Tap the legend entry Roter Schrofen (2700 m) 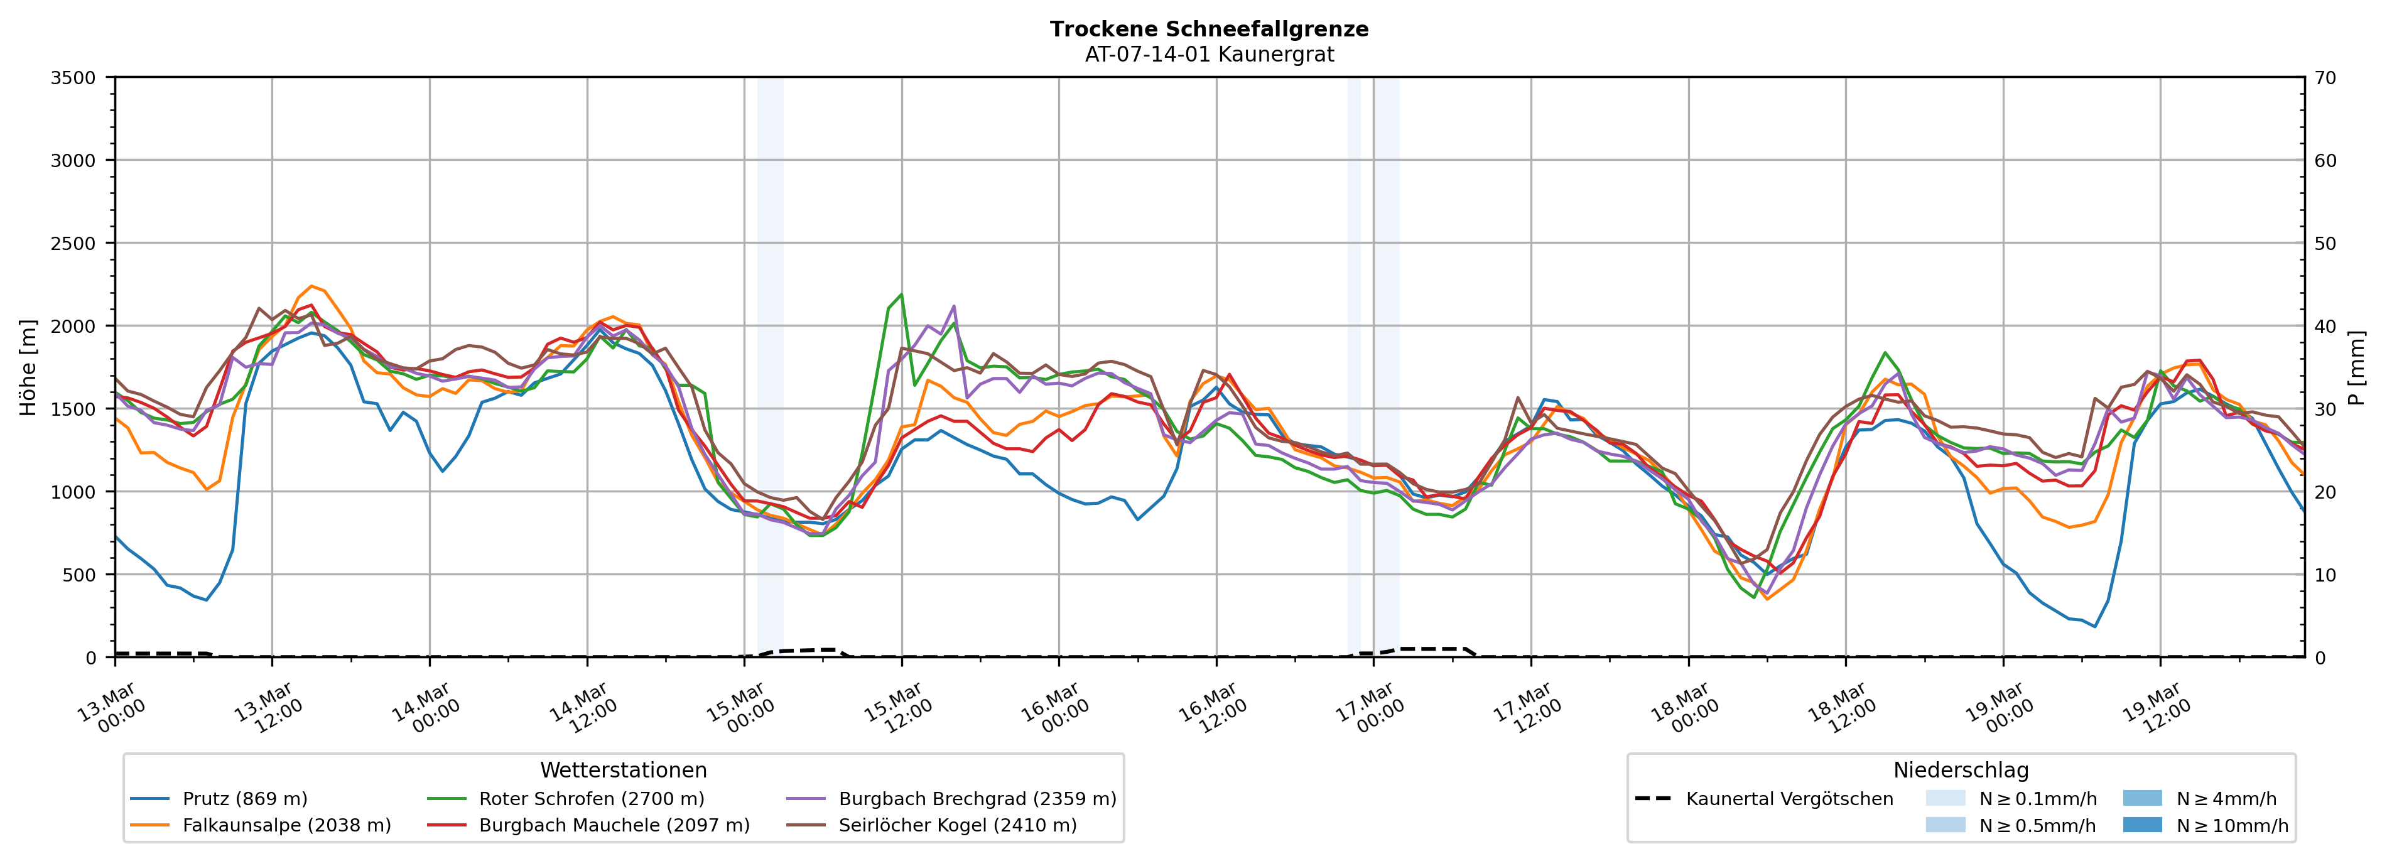pyautogui.click(x=591, y=799)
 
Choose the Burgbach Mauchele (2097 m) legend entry pyautogui.click(x=614, y=825)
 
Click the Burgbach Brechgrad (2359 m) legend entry pyautogui.click(x=977, y=799)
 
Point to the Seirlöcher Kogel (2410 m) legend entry pyautogui.click(x=957, y=825)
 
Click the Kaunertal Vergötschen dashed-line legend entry pyautogui.click(x=1789, y=799)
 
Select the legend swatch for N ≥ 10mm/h pyautogui.click(x=2141, y=825)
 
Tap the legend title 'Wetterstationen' pyautogui.click(x=623, y=770)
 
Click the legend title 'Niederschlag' pyautogui.click(x=1960, y=770)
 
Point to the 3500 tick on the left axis pyautogui.click(x=73, y=78)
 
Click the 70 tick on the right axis pyautogui.click(x=2325, y=78)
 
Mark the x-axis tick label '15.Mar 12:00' pyautogui.click(x=897, y=710)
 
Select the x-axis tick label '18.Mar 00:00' pyautogui.click(x=1684, y=710)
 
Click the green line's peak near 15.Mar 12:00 pyautogui.click(x=901, y=295)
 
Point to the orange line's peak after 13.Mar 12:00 pyautogui.click(x=311, y=286)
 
